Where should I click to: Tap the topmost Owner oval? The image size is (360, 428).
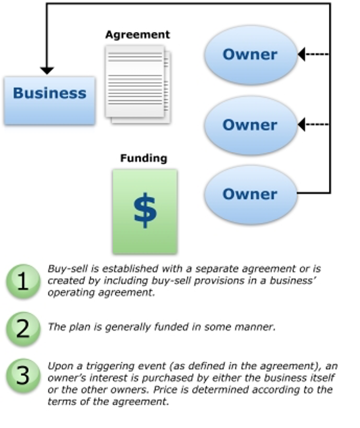tap(251, 55)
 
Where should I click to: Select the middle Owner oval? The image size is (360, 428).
tap(251, 125)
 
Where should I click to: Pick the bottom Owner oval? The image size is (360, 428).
tap(251, 194)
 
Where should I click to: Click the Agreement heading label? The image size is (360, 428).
tap(137, 35)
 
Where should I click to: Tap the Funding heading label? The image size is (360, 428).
tap(143, 158)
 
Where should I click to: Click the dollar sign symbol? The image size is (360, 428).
tap(145, 210)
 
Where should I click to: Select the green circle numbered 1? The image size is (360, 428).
tap(23, 281)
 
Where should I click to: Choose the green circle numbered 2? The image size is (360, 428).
tap(23, 327)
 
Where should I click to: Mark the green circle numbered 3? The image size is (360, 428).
tap(23, 375)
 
